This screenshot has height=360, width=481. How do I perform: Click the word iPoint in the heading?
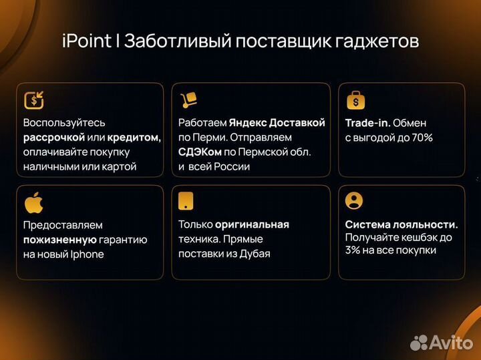tap(86, 41)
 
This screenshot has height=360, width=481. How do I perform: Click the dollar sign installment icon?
tap(34, 100)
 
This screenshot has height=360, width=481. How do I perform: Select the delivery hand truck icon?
tap(189, 100)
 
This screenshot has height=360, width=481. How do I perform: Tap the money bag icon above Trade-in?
tap(355, 100)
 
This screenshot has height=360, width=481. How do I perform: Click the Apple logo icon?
tap(33, 202)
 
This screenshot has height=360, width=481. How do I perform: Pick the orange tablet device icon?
tap(186, 201)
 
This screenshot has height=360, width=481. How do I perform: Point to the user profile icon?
tap(355, 200)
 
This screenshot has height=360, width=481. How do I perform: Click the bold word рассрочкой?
tap(54, 138)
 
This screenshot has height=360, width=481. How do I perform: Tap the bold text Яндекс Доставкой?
tap(277, 123)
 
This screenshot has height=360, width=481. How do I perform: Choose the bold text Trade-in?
tap(367, 123)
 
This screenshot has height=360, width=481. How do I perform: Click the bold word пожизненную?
tap(59, 240)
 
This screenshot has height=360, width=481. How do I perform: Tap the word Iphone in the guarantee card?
tap(86, 254)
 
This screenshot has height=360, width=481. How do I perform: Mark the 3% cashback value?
tap(353, 250)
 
